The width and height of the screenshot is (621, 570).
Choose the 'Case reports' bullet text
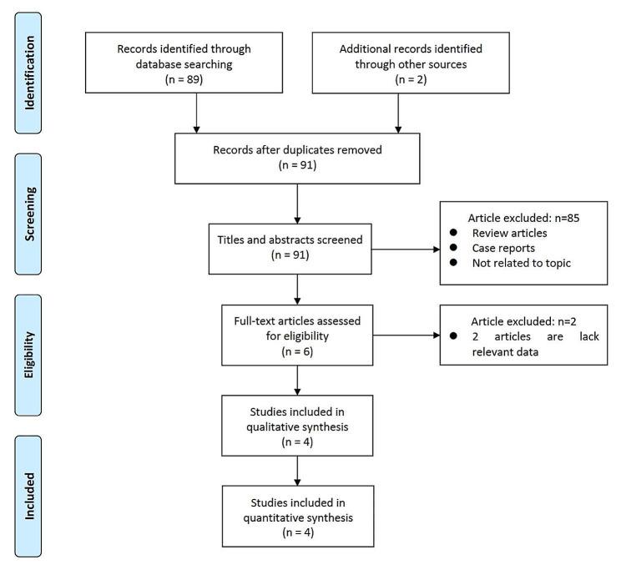(502, 248)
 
